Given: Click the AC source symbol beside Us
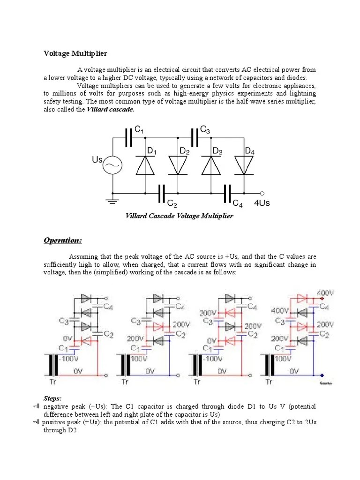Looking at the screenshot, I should [112, 165].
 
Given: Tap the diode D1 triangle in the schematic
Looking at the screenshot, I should [145, 165].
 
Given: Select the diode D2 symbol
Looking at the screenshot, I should [178, 165].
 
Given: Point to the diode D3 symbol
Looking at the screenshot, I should [210, 165].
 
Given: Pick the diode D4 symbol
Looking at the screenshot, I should [243, 165].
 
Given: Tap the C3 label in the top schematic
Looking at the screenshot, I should [205, 129].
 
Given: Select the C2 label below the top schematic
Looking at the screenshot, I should [172, 204].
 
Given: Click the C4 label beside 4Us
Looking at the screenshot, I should [238, 204].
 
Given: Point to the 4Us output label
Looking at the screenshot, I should [262, 203].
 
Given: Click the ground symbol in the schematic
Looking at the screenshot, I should [112, 202].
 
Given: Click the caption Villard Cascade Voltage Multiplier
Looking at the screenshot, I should [179, 216].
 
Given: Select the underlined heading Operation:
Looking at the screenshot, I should [63, 240].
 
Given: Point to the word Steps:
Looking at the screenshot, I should [53, 398].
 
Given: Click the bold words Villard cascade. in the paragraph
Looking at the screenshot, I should [111, 109].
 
